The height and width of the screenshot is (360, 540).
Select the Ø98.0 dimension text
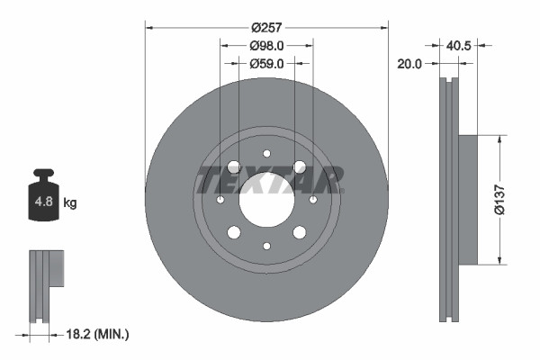[x=266, y=45]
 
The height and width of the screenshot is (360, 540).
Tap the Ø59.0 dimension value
[x=266, y=63]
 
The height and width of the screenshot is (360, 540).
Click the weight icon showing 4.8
[x=44, y=202]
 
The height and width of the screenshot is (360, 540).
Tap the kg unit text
[x=70, y=204]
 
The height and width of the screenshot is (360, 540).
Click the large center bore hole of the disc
[x=266, y=199]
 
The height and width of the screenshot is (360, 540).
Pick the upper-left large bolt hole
[x=234, y=166]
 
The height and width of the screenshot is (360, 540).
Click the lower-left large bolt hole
[x=234, y=232]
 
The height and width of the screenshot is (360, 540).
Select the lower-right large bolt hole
[x=299, y=232]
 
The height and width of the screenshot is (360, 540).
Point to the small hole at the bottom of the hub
[x=266, y=246]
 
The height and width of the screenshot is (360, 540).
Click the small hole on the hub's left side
[x=220, y=199]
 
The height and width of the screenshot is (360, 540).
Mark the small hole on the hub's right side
[x=312, y=199]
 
